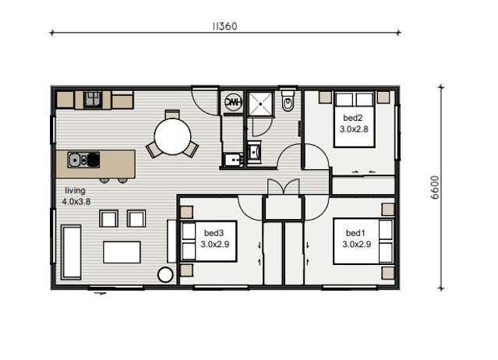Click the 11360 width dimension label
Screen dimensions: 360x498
[224, 25]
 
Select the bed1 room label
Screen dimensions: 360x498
[355, 233]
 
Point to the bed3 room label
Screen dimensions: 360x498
[214, 233]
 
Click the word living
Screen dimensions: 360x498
[75, 190]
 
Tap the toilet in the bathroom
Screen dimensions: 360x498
[287, 101]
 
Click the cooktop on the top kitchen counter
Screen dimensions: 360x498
[94, 98]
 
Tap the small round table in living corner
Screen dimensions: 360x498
[165, 274]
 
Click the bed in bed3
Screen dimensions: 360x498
[204, 242]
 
